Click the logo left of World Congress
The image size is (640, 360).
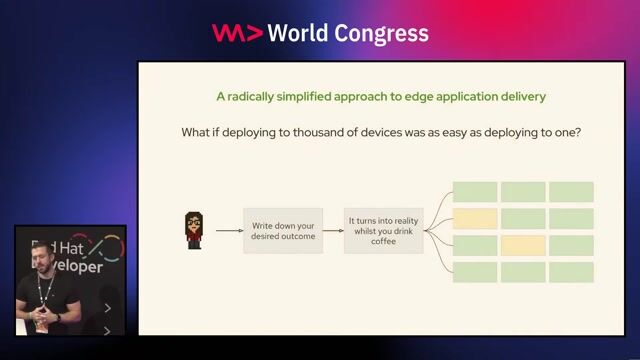pyautogui.click(x=237, y=33)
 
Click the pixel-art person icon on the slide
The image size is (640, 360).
pyautogui.click(x=194, y=230)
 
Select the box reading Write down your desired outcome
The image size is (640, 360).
pyautogui.click(x=283, y=230)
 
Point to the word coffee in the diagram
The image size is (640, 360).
pyautogui.click(x=384, y=240)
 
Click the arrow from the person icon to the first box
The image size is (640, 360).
pyautogui.click(x=229, y=231)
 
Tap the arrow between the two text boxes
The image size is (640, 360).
pyautogui.click(x=332, y=231)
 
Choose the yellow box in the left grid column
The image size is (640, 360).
pyautogui.click(x=475, y=219)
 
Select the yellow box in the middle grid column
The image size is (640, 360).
pyautogui.click(x=523, y=245)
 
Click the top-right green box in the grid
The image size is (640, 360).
pyautogui.click(x=571, y=192)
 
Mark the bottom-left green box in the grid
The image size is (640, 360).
pyautogui.click(x=475, y=272)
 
